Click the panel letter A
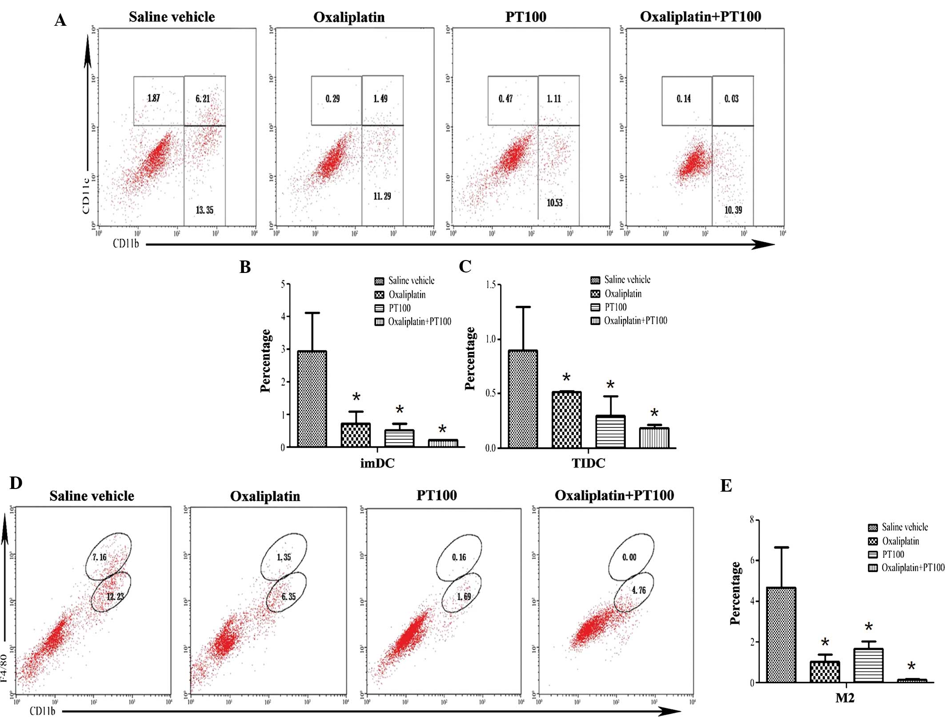point(60,20)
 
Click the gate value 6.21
point(203,99)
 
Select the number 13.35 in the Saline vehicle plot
point(204,210)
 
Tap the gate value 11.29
point(382,196)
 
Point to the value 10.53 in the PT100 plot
point(554,203)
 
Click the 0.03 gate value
point(731,99)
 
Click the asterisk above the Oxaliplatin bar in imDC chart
point(356,397)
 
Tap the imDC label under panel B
point(377,463)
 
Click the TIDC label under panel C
point(588,463)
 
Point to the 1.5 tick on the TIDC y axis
point(491,285)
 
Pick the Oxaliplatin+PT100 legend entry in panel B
point(419,322)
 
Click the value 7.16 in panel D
point(100,557)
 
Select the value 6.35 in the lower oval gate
point(288,597)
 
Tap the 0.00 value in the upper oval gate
point(629,557)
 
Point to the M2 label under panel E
point(845,698)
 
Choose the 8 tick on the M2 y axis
point(752,520)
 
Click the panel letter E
point(726,486)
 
